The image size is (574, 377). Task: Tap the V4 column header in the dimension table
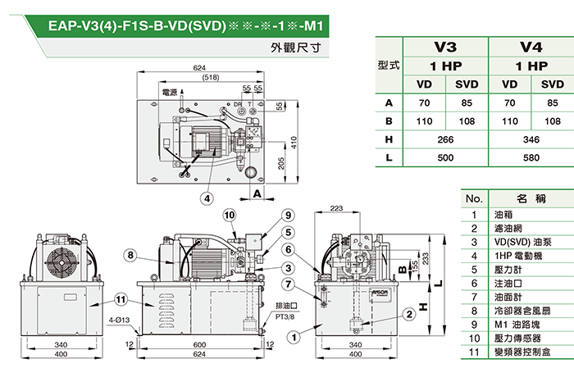[x=532, y=48]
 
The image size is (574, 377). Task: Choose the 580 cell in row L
[x=532, y=157]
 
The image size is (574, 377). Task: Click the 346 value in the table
[x=532, y=140]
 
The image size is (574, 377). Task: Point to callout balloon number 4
[x=208, y=198]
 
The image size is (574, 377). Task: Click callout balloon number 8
[x=130, y=255]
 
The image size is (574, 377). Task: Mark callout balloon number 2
[x=408, y=315]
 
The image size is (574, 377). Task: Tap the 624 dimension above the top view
[x=199, y=67]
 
